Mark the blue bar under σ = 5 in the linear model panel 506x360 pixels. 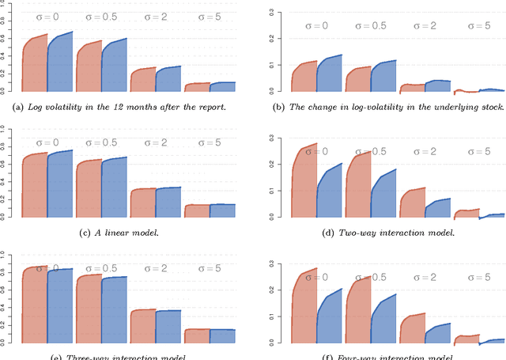point(223,210)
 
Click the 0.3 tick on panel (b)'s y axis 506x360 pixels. point(272,12)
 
